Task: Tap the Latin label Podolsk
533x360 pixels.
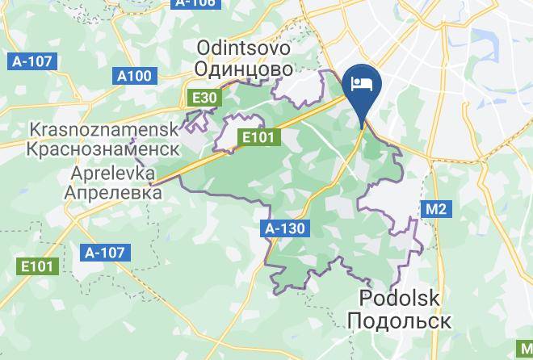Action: (x=399, y=299)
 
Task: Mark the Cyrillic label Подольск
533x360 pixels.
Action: (x=399, y=320)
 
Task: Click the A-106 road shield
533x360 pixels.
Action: (x=195, y=3)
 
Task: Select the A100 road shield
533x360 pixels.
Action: (x=134, y=76)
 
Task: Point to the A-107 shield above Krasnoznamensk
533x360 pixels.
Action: (x=31, y=61)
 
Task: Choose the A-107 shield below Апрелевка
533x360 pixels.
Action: (x=105, y=253)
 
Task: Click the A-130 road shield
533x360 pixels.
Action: (x=286, y=228)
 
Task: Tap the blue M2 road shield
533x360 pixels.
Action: (x=436, y=210)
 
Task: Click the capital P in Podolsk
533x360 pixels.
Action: (x=363, y=299)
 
